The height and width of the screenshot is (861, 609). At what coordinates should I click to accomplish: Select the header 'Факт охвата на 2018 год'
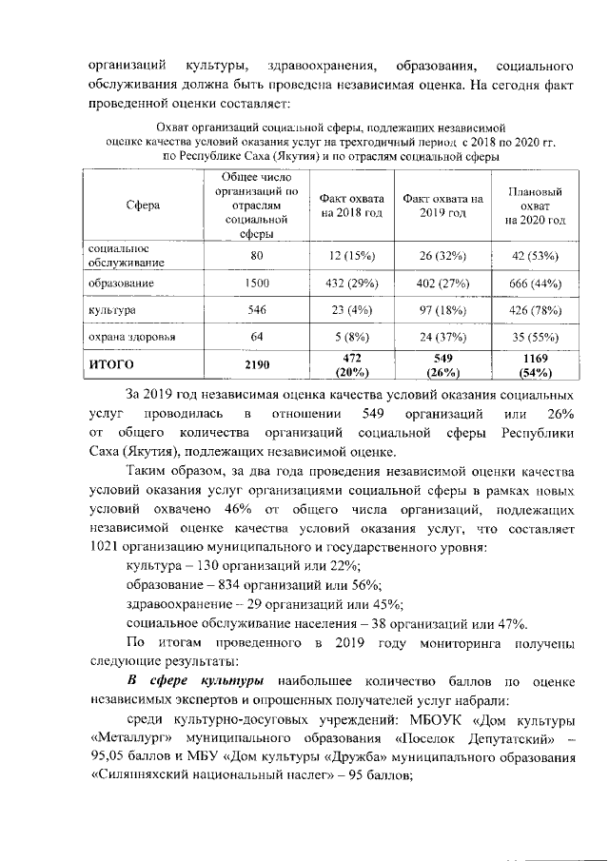351,205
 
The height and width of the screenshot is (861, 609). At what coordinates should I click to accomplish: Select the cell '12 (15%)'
351,256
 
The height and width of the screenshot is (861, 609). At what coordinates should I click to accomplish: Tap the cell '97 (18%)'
442,310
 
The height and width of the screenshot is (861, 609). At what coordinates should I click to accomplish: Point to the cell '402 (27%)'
442,284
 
